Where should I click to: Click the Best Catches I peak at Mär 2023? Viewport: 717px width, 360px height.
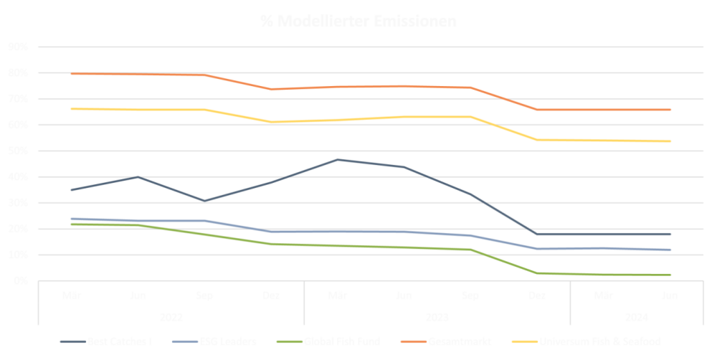[338, 159]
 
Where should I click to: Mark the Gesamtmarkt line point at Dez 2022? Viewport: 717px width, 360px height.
[272, 90]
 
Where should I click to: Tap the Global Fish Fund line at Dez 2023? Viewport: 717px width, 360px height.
[537, 273]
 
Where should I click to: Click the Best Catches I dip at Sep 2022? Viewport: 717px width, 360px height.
[205, 201]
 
